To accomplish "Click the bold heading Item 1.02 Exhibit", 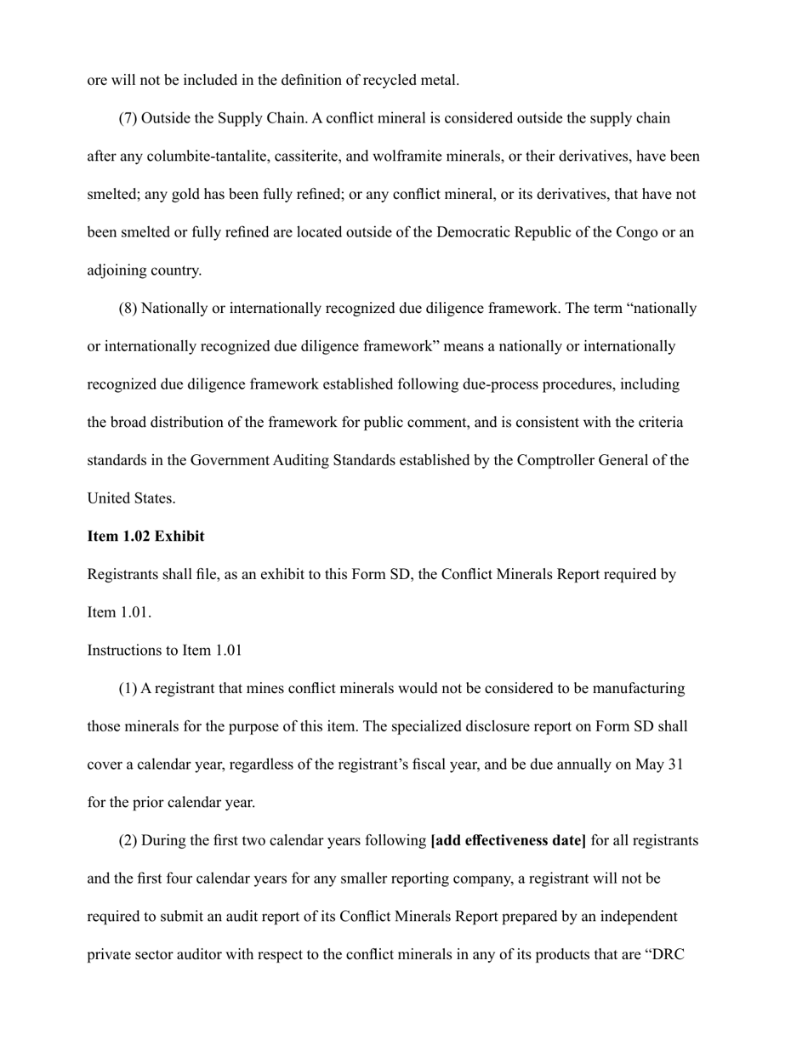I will coord(145,537).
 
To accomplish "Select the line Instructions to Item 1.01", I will coord(164,651).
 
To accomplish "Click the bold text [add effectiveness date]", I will coord(509,841).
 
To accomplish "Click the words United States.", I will coord(131,499).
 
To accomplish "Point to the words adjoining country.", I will coord(144,270).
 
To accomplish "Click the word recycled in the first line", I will coord(390,81).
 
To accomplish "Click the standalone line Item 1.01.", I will coord(119,613).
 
